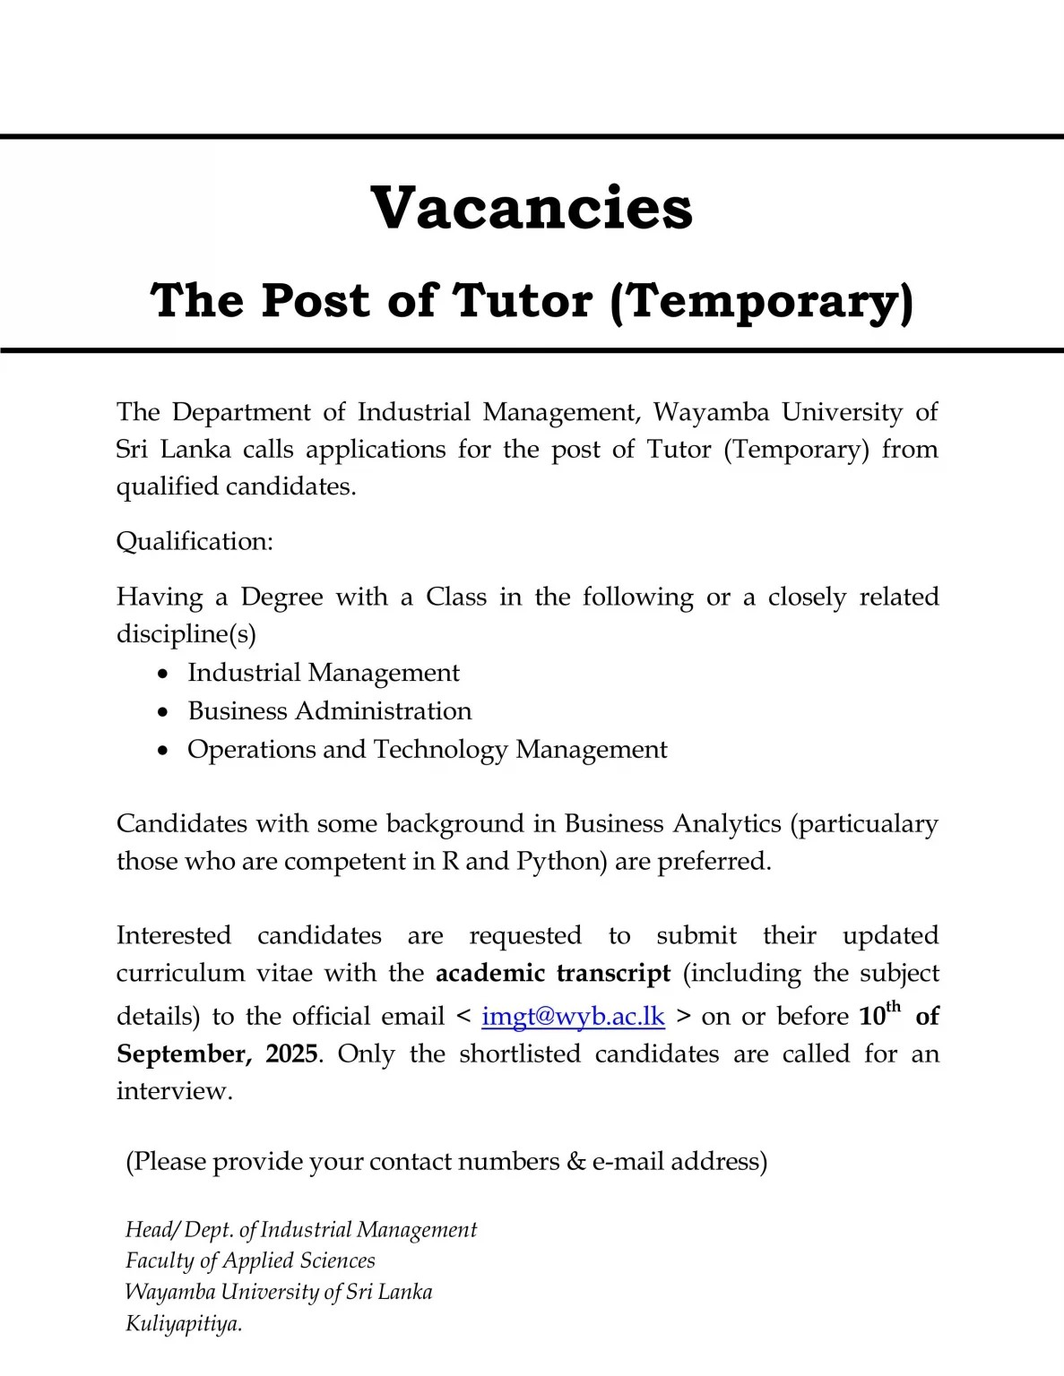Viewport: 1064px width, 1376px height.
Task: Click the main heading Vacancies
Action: click(532, 208)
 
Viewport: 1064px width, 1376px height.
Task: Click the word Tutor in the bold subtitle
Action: click(523, 300)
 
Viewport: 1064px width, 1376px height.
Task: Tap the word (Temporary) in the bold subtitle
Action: click(761, 300)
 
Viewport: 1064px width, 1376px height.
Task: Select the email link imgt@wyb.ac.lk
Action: click(573, 1017)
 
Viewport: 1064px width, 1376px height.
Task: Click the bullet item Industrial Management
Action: click(323, 673)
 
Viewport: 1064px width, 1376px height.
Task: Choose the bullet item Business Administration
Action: click(329, 711)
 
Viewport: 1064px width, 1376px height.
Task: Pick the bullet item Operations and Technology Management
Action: click(427, 750)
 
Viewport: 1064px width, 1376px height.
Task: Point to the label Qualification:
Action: click(195, 542)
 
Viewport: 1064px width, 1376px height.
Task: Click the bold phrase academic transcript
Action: click(553, 974)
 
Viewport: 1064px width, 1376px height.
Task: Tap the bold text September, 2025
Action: click(217, 1053)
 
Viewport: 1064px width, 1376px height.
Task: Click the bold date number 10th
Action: click(878, 1015)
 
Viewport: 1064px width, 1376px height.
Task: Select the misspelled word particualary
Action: click(864, 824)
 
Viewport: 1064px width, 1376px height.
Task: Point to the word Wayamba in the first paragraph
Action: click(711, 412)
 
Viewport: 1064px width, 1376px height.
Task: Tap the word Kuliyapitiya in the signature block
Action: click(183, 1324)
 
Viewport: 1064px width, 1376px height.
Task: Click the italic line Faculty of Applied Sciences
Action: click(250, 1261)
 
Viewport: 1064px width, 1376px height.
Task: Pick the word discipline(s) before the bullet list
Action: click(186, 634)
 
